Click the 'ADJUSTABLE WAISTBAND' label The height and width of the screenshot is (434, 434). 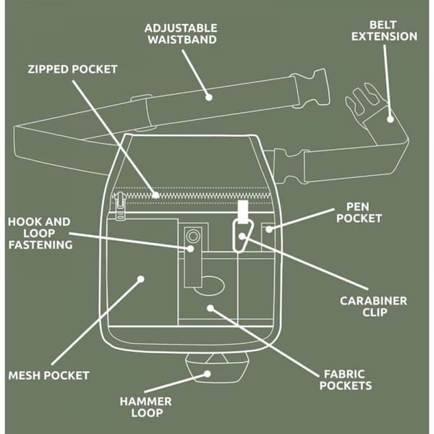181,34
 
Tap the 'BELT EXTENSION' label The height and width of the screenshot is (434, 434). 384,30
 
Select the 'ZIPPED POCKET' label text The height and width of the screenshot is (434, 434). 72,69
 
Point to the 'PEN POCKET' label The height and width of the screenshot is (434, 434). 359,213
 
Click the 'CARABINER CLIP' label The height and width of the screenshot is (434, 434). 374,307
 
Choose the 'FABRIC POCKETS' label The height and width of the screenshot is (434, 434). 346,380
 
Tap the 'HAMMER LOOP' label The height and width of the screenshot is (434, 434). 145,407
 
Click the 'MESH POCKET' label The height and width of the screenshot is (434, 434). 48,375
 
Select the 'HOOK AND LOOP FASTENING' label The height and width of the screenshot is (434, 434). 40,234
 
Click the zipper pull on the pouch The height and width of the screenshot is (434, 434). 120,206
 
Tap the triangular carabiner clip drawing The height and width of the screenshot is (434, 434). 243,235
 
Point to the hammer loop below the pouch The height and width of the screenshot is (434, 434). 217,368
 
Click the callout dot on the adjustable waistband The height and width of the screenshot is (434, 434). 209,97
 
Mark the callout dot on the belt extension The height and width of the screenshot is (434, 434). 391,119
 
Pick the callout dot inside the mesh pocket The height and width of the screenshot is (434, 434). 141,279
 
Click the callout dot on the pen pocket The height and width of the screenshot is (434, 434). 269,229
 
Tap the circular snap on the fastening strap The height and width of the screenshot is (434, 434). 193,237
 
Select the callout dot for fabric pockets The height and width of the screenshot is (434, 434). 210,308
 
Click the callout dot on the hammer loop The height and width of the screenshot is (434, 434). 207,374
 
